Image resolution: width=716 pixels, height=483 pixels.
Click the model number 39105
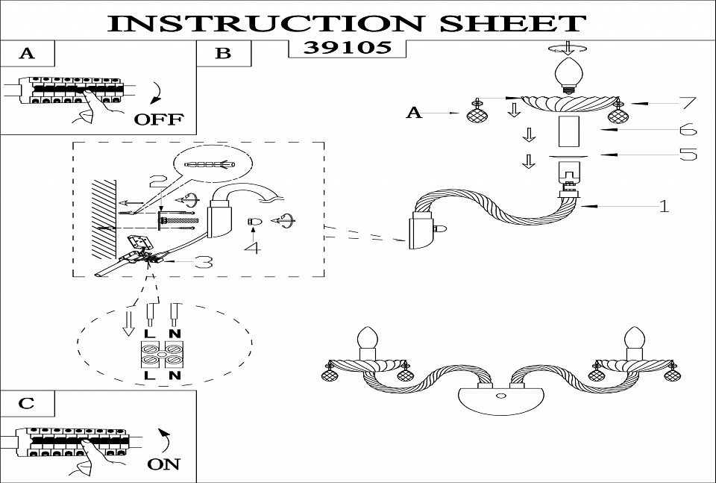[347, 49]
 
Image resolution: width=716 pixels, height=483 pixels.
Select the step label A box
[28, 53]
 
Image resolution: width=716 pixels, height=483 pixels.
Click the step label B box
[223, 53]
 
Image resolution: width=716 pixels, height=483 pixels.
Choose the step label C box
[27, 403]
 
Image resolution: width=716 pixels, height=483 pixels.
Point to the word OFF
[158, 119]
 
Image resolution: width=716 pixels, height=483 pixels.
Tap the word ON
[163, 464]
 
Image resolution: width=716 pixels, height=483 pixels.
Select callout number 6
[688, 130]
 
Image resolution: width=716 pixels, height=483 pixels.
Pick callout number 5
[688, 155]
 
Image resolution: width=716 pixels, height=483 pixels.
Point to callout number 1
[663, 206]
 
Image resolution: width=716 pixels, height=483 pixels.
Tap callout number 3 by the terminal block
[203, 262]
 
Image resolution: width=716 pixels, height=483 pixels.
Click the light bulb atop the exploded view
[570, 75]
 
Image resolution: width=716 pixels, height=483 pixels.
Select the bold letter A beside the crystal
[414, 113]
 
